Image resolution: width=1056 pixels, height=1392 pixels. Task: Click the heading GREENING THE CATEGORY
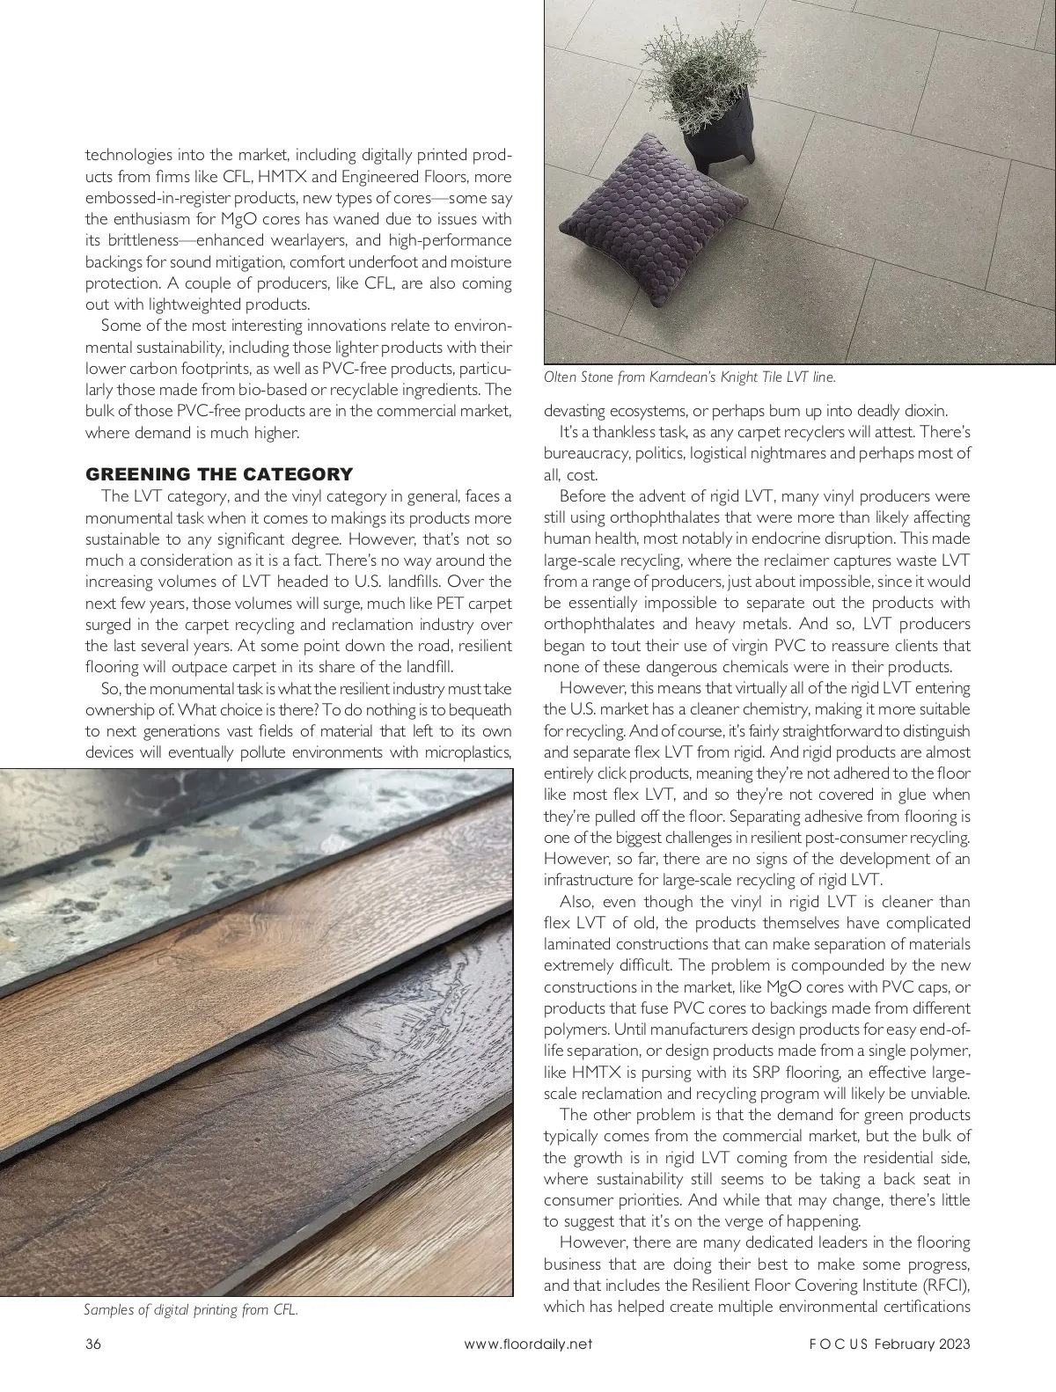pos(219,474)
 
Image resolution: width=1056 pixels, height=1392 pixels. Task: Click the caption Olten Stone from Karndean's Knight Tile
pos(689,377)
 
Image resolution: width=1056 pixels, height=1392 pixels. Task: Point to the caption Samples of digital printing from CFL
pos(191,1309)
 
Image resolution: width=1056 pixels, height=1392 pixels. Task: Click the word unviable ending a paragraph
pos(937,1094)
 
